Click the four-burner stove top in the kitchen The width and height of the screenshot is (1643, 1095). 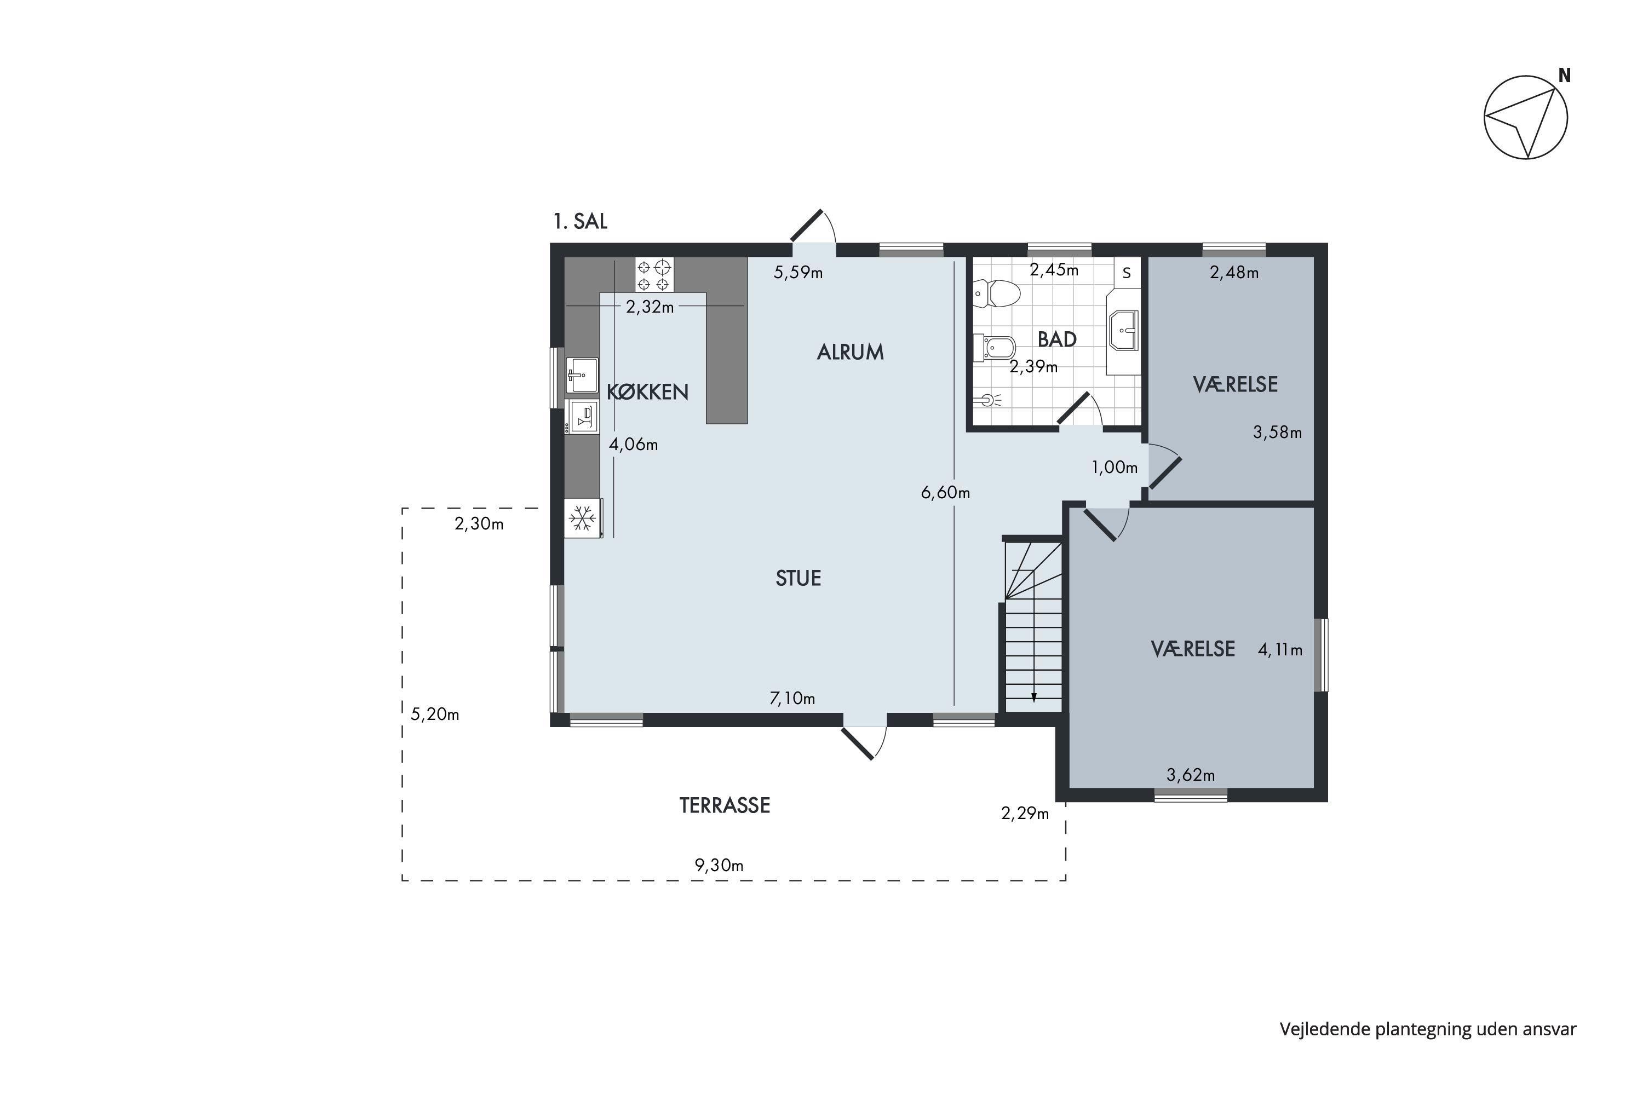[x=654, y=274]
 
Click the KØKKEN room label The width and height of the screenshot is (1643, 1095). [x=647, y=393]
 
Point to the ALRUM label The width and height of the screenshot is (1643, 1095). [x=850, y=352]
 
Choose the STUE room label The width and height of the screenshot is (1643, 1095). [x=798, y=578]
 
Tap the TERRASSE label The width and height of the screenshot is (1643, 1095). [x=725, y=805]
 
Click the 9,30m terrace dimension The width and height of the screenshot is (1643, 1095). [x=719, y=865]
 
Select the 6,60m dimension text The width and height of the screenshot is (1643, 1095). [x=945, y=493]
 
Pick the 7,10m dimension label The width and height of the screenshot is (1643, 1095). [x=792, y=699]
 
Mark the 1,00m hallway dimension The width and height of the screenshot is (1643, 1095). [x=1115, y=467]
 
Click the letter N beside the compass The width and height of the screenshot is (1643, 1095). [x=1565, y=76]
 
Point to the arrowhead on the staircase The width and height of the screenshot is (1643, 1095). [x=1034, y=696]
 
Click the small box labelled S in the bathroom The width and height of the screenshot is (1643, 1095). [x=1127, y=273]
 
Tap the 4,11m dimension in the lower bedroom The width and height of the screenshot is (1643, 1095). [x=1280, y=650]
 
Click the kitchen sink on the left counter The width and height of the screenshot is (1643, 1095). [x=582, y=375]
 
